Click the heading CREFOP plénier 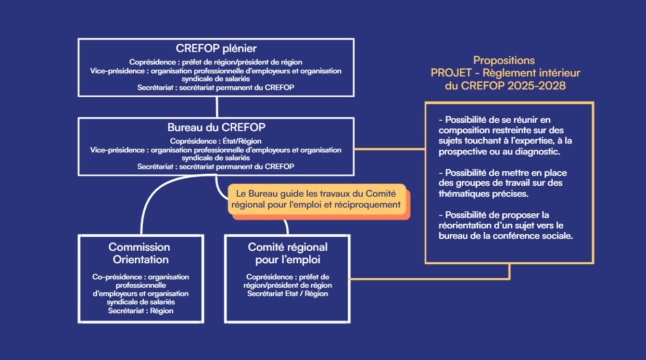tap(216, 48)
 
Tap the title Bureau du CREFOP tap(217, 127)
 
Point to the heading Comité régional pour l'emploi tap(287, 253)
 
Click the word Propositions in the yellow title tap(504, 60)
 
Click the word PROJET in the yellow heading tap(451, 73)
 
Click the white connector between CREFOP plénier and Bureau tap(217, 107)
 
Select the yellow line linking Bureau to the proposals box tap(389, 149)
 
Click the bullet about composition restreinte tap(505, 135)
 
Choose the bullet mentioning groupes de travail tap(503, 183)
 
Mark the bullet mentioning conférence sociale tap(505, 225)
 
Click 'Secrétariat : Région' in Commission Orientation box tap(141, 311)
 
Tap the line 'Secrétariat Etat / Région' tap(287, 294)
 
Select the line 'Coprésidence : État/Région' tap(216, 141)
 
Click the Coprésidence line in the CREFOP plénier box tap(216, 62)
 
